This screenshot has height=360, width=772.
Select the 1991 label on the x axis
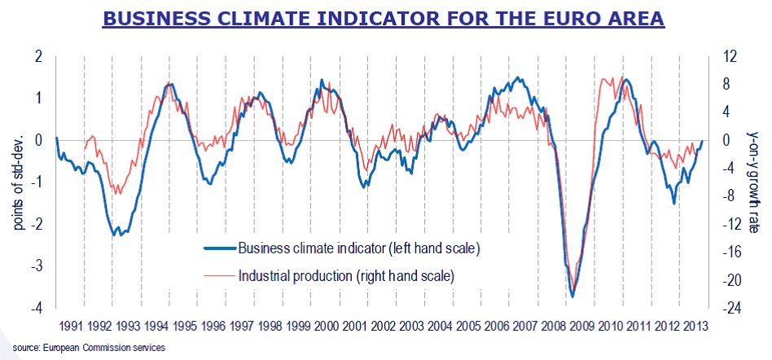click(x=70, y=325)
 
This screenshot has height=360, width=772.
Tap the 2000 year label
click(x=326, y=325)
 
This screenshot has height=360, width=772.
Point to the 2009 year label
click(x=581, y=325)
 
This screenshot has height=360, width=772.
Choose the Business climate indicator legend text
click(x=357, y=248)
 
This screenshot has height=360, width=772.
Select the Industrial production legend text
click(x=345, y=275)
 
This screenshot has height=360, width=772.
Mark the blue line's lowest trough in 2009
click(x=573, y=296)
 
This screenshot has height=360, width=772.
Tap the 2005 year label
click(x=468, y=325)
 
